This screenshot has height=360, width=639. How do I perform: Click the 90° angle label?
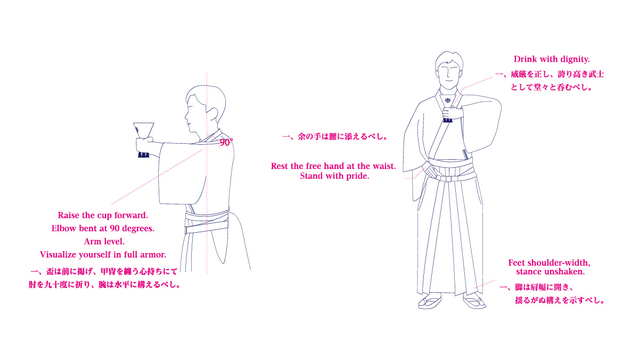click(226, 142)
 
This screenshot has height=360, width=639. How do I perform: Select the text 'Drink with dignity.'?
click(552, 59)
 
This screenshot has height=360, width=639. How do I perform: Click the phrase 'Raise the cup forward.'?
click(103, 215)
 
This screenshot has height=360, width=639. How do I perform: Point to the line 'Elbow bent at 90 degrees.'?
click(103, 228)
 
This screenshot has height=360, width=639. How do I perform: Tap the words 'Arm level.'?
click(104, 241)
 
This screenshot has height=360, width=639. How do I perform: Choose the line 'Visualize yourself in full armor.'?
click(103, 255)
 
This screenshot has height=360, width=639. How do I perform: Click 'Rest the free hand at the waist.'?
click(333, 166)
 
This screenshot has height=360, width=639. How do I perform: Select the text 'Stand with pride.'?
click(334, 176)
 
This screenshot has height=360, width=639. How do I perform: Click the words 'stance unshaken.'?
click(550, 271)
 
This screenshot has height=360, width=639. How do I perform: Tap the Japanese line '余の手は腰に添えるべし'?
click(335, 136)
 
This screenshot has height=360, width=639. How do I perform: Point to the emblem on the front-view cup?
click(447, 101)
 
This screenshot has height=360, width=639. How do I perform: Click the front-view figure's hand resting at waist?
click(429, 170)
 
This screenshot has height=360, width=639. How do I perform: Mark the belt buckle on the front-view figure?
click(448, 179)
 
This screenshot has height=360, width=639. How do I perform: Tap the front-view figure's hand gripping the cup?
click(453, 113)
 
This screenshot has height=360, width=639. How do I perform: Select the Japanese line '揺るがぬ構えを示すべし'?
click(560, 300)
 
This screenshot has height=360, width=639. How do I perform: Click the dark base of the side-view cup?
click(144, 155)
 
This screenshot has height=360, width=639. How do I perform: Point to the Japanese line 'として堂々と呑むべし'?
click(551, 87)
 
